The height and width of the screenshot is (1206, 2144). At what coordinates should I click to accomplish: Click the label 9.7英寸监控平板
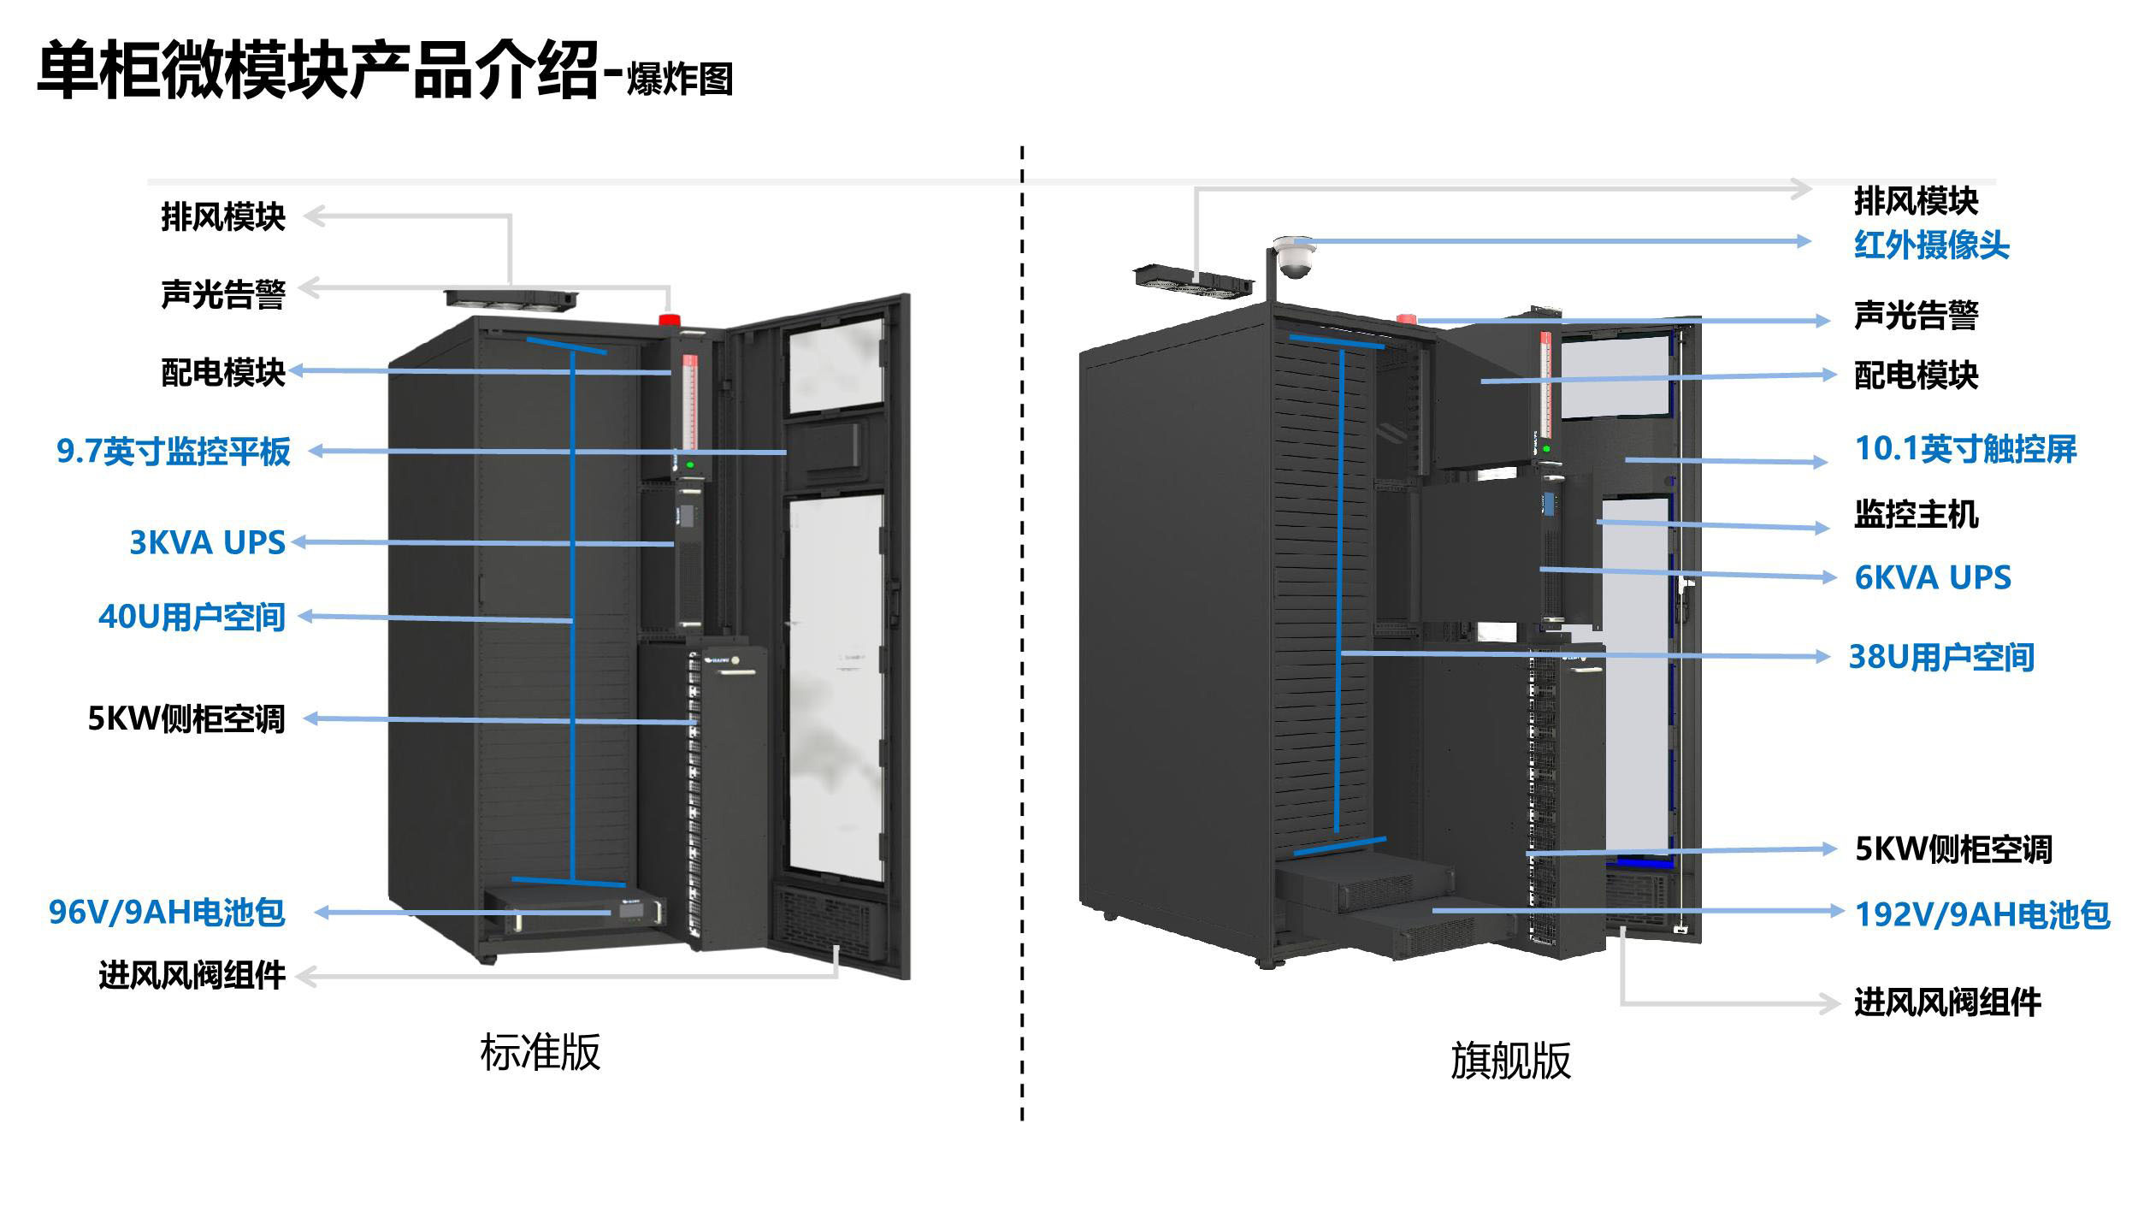point(174,452)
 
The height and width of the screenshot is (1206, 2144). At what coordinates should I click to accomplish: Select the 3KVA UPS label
point(207,542)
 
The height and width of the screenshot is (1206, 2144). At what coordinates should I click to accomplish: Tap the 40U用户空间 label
point(192,617)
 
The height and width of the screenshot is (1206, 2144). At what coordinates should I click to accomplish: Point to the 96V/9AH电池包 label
point(166,913)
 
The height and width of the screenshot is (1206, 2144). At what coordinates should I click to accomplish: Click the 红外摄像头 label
point(1931,245)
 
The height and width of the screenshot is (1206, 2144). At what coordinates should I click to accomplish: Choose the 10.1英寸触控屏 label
point(1964,449)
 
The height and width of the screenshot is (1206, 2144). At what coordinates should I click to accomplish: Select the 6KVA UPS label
point(1932,577)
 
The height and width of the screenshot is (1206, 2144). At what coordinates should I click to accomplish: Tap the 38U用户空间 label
point(1941,657)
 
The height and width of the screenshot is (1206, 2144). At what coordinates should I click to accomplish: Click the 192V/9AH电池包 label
point(1982,914)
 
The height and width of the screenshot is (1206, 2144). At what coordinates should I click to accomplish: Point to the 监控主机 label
point(1916,514)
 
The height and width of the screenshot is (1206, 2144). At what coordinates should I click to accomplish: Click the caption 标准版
point(540,1052)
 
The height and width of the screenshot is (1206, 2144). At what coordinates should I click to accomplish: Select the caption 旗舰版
point(1510,1061)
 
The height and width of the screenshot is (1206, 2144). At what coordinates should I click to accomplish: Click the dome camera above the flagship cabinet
point(1292,256)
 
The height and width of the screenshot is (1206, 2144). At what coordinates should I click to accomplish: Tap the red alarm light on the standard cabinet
point(669,320)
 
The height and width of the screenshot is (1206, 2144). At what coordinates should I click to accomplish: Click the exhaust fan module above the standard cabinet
point(511,299)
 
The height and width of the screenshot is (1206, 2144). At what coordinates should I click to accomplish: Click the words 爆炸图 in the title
point(680,80)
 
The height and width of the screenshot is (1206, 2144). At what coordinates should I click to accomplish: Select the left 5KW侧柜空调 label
point(186,718)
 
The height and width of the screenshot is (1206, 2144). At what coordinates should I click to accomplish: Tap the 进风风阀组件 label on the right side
point(1946,1002)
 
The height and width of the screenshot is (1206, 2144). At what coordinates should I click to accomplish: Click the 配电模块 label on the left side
point(222,372)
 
